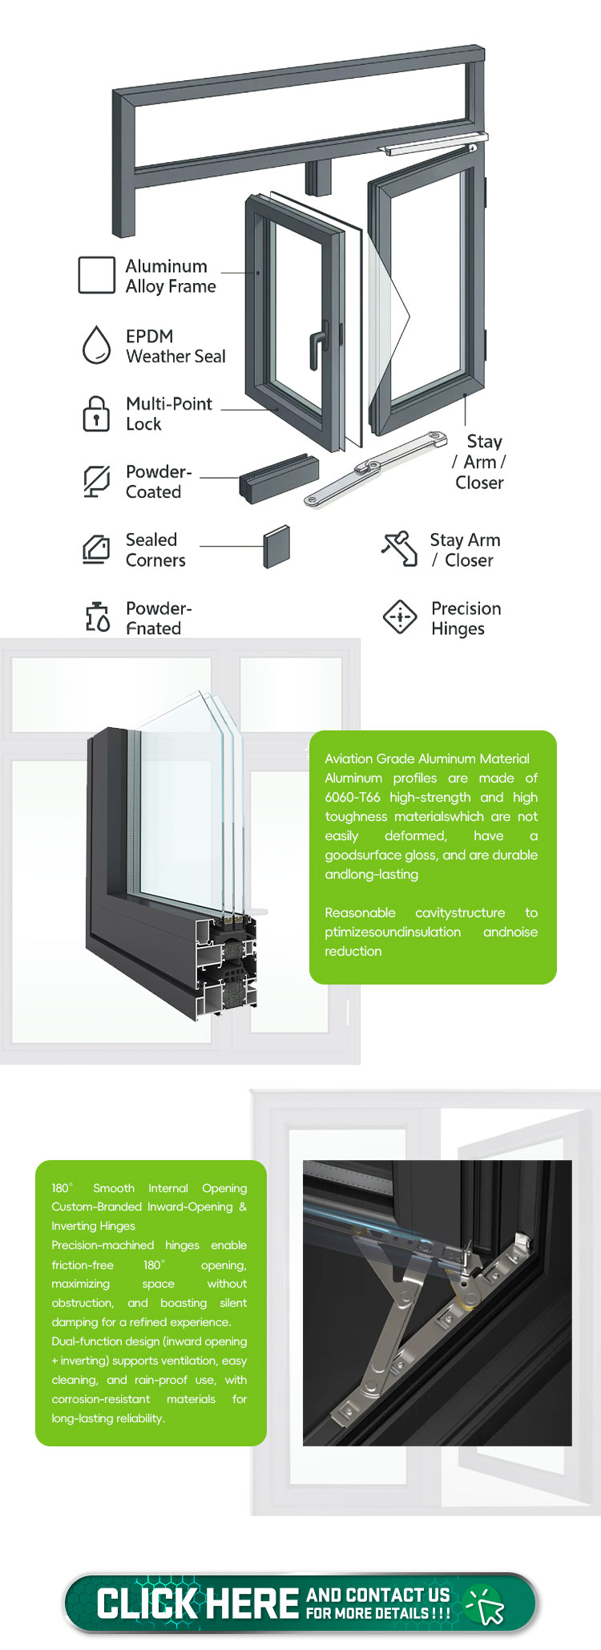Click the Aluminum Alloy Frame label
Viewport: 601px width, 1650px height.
pos(171,277)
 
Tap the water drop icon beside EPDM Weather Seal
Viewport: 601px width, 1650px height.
pos(97,345)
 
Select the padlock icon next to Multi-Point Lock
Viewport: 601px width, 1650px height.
pos(96,414)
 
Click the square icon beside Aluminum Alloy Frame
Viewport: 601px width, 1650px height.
pos(96,275)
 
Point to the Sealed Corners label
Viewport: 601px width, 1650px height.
pos(155,550)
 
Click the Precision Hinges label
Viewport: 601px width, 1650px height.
pos(466,618)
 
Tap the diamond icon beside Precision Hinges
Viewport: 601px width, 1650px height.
pos(400,617)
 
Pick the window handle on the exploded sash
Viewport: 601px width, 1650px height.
pos(319,346)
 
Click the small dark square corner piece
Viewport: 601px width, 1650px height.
pos(276,547)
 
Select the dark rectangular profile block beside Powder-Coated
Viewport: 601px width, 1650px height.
pos(279,479)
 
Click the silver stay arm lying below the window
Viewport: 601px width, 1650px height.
pos(375,468)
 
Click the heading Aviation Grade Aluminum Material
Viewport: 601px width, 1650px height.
pos(427,758)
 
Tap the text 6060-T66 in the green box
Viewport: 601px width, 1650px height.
pos(353,797)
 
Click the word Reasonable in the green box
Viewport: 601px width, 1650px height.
pos(360,912)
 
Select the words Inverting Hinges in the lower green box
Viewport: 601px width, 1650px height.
pos(93,1226)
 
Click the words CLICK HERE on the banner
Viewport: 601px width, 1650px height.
pos(198,1603)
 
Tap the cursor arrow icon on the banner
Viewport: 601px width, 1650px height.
pos(486,1604)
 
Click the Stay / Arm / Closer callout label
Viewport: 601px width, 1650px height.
pos(479,462)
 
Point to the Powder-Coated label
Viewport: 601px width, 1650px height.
pos(159,482)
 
